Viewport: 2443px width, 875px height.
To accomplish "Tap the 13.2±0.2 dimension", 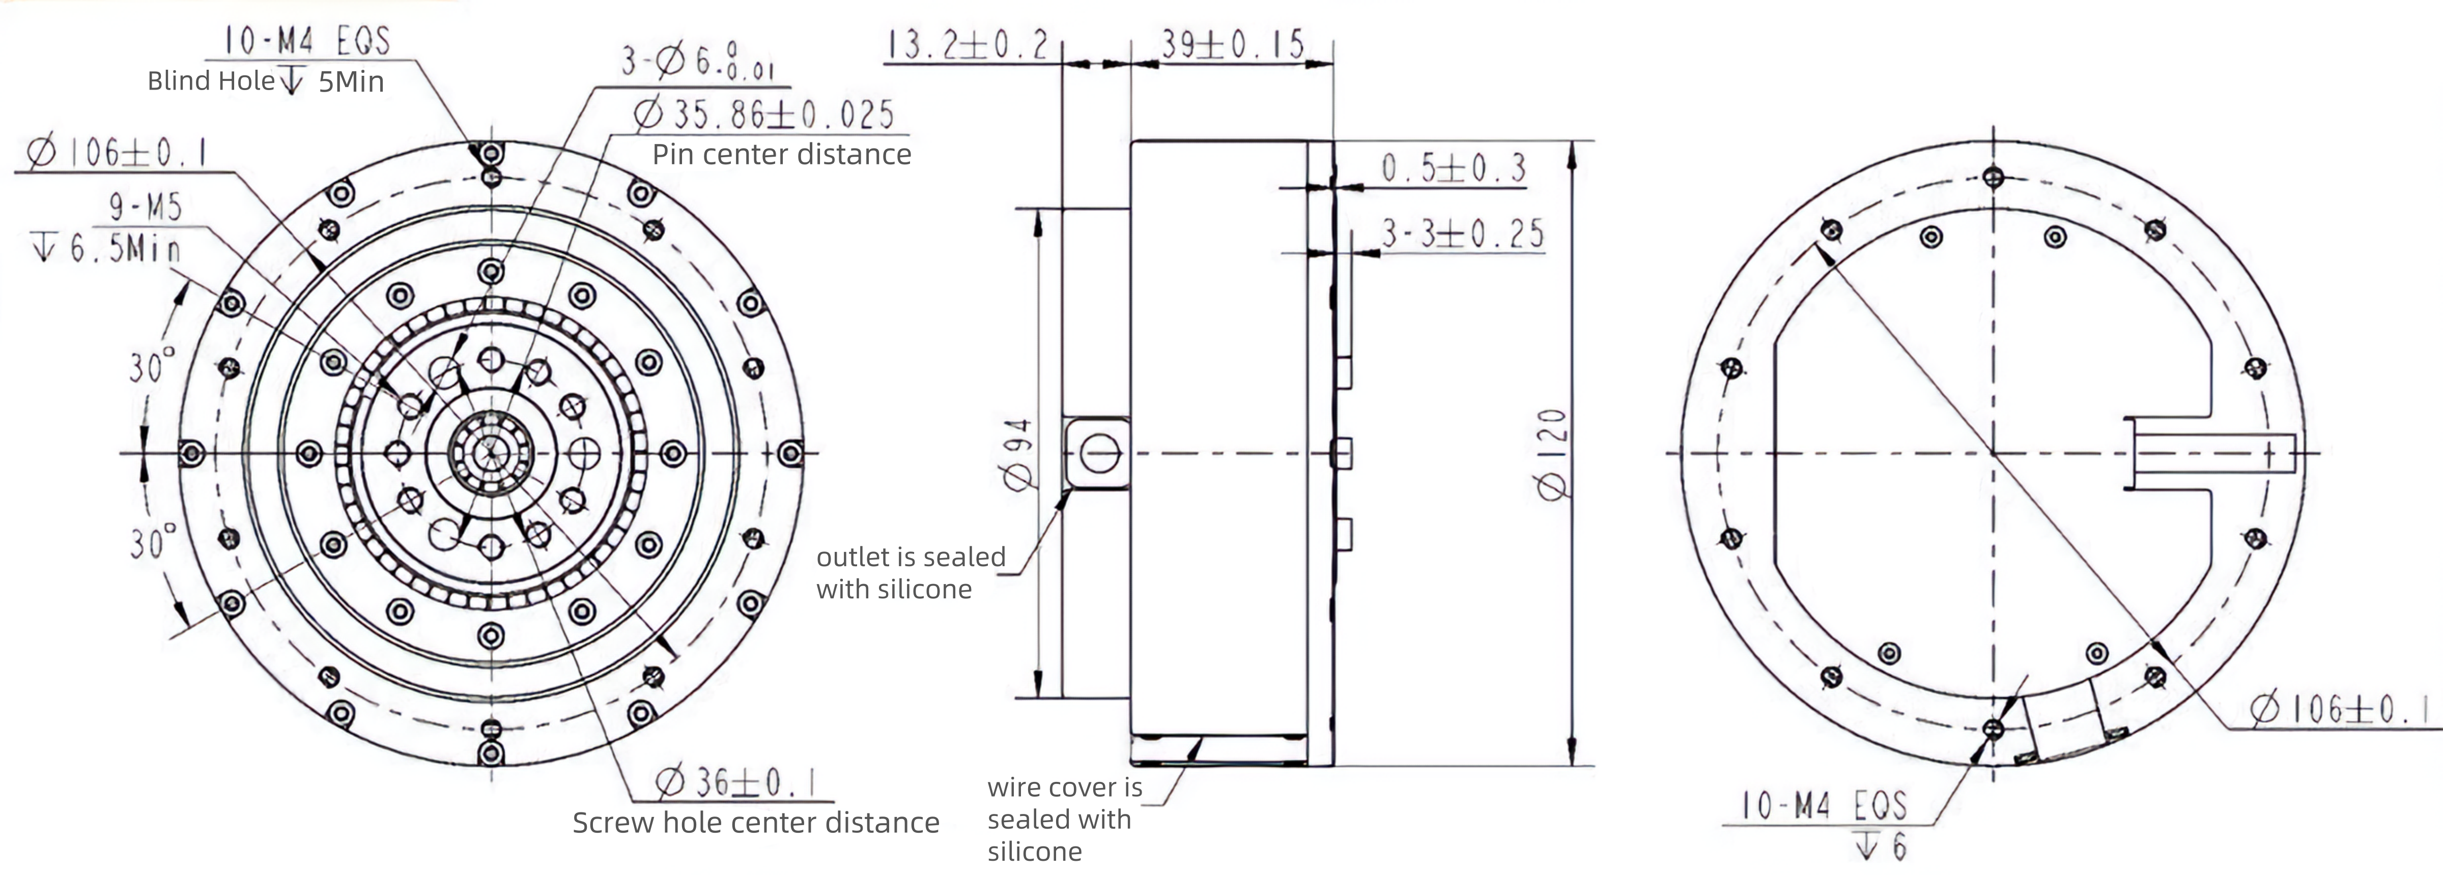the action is click(968, 45).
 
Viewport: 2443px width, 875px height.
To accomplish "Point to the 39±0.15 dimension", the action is click(1233, 44).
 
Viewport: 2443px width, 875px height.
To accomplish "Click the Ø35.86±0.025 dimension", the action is click(764, 114).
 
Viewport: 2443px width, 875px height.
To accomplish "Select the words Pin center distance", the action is click(781, 155).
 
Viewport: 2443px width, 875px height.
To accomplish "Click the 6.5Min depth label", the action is click(106, 248).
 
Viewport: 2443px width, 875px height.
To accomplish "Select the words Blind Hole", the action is click(211, 81).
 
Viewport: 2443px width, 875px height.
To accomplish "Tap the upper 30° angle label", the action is click(152, 365).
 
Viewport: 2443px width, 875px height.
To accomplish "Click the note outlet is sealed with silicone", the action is click(911, 573).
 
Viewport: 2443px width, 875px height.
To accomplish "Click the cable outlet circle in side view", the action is click(1100, 453).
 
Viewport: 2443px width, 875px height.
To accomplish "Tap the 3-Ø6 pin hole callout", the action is click(698, 62).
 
